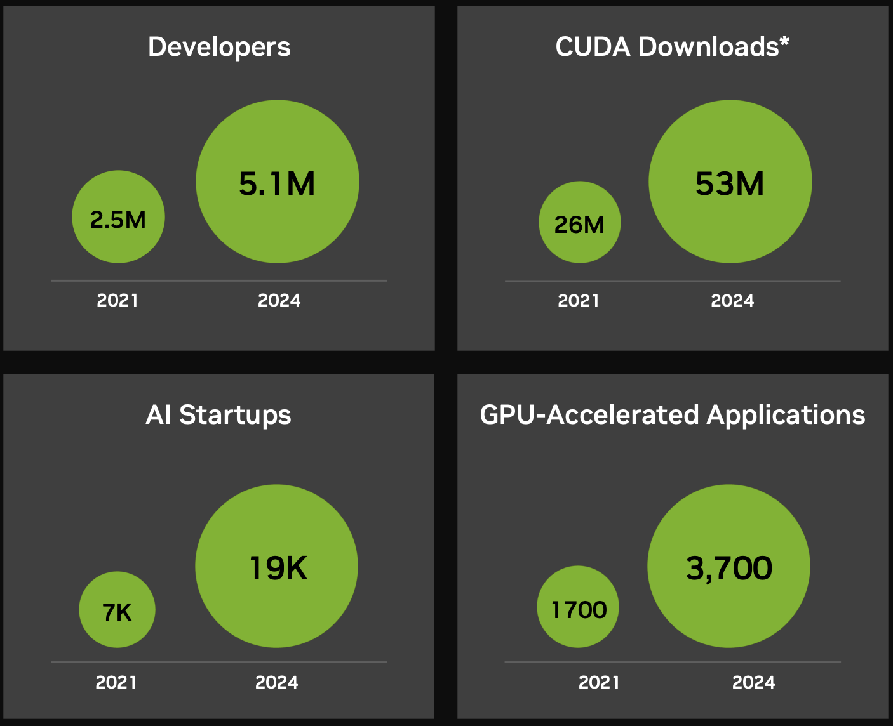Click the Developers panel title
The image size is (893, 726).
point(219,47)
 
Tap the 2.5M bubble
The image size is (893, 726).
point(118,217)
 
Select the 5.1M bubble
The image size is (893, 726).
point(278,182)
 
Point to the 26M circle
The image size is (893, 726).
point(579,223)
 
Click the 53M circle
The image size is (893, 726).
point(730,182)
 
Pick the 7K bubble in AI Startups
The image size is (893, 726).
point(117,610)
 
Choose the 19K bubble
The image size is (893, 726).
point(277,566)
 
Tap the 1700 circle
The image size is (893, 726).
point(578,607)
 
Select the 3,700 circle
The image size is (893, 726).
point(728,566)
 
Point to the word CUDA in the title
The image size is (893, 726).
point(593,47)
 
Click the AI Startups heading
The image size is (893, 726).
point(218,415)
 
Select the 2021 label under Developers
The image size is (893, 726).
point(117,300)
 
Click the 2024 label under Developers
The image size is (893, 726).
point(279,300)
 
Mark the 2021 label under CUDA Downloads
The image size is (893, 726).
point(579,300)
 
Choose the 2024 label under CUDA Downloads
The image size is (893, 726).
point(732,300)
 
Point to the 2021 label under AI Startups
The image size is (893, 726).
point(116,682)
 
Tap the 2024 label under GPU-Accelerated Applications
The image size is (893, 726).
point(754,682)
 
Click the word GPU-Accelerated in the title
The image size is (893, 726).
point(589,415)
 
